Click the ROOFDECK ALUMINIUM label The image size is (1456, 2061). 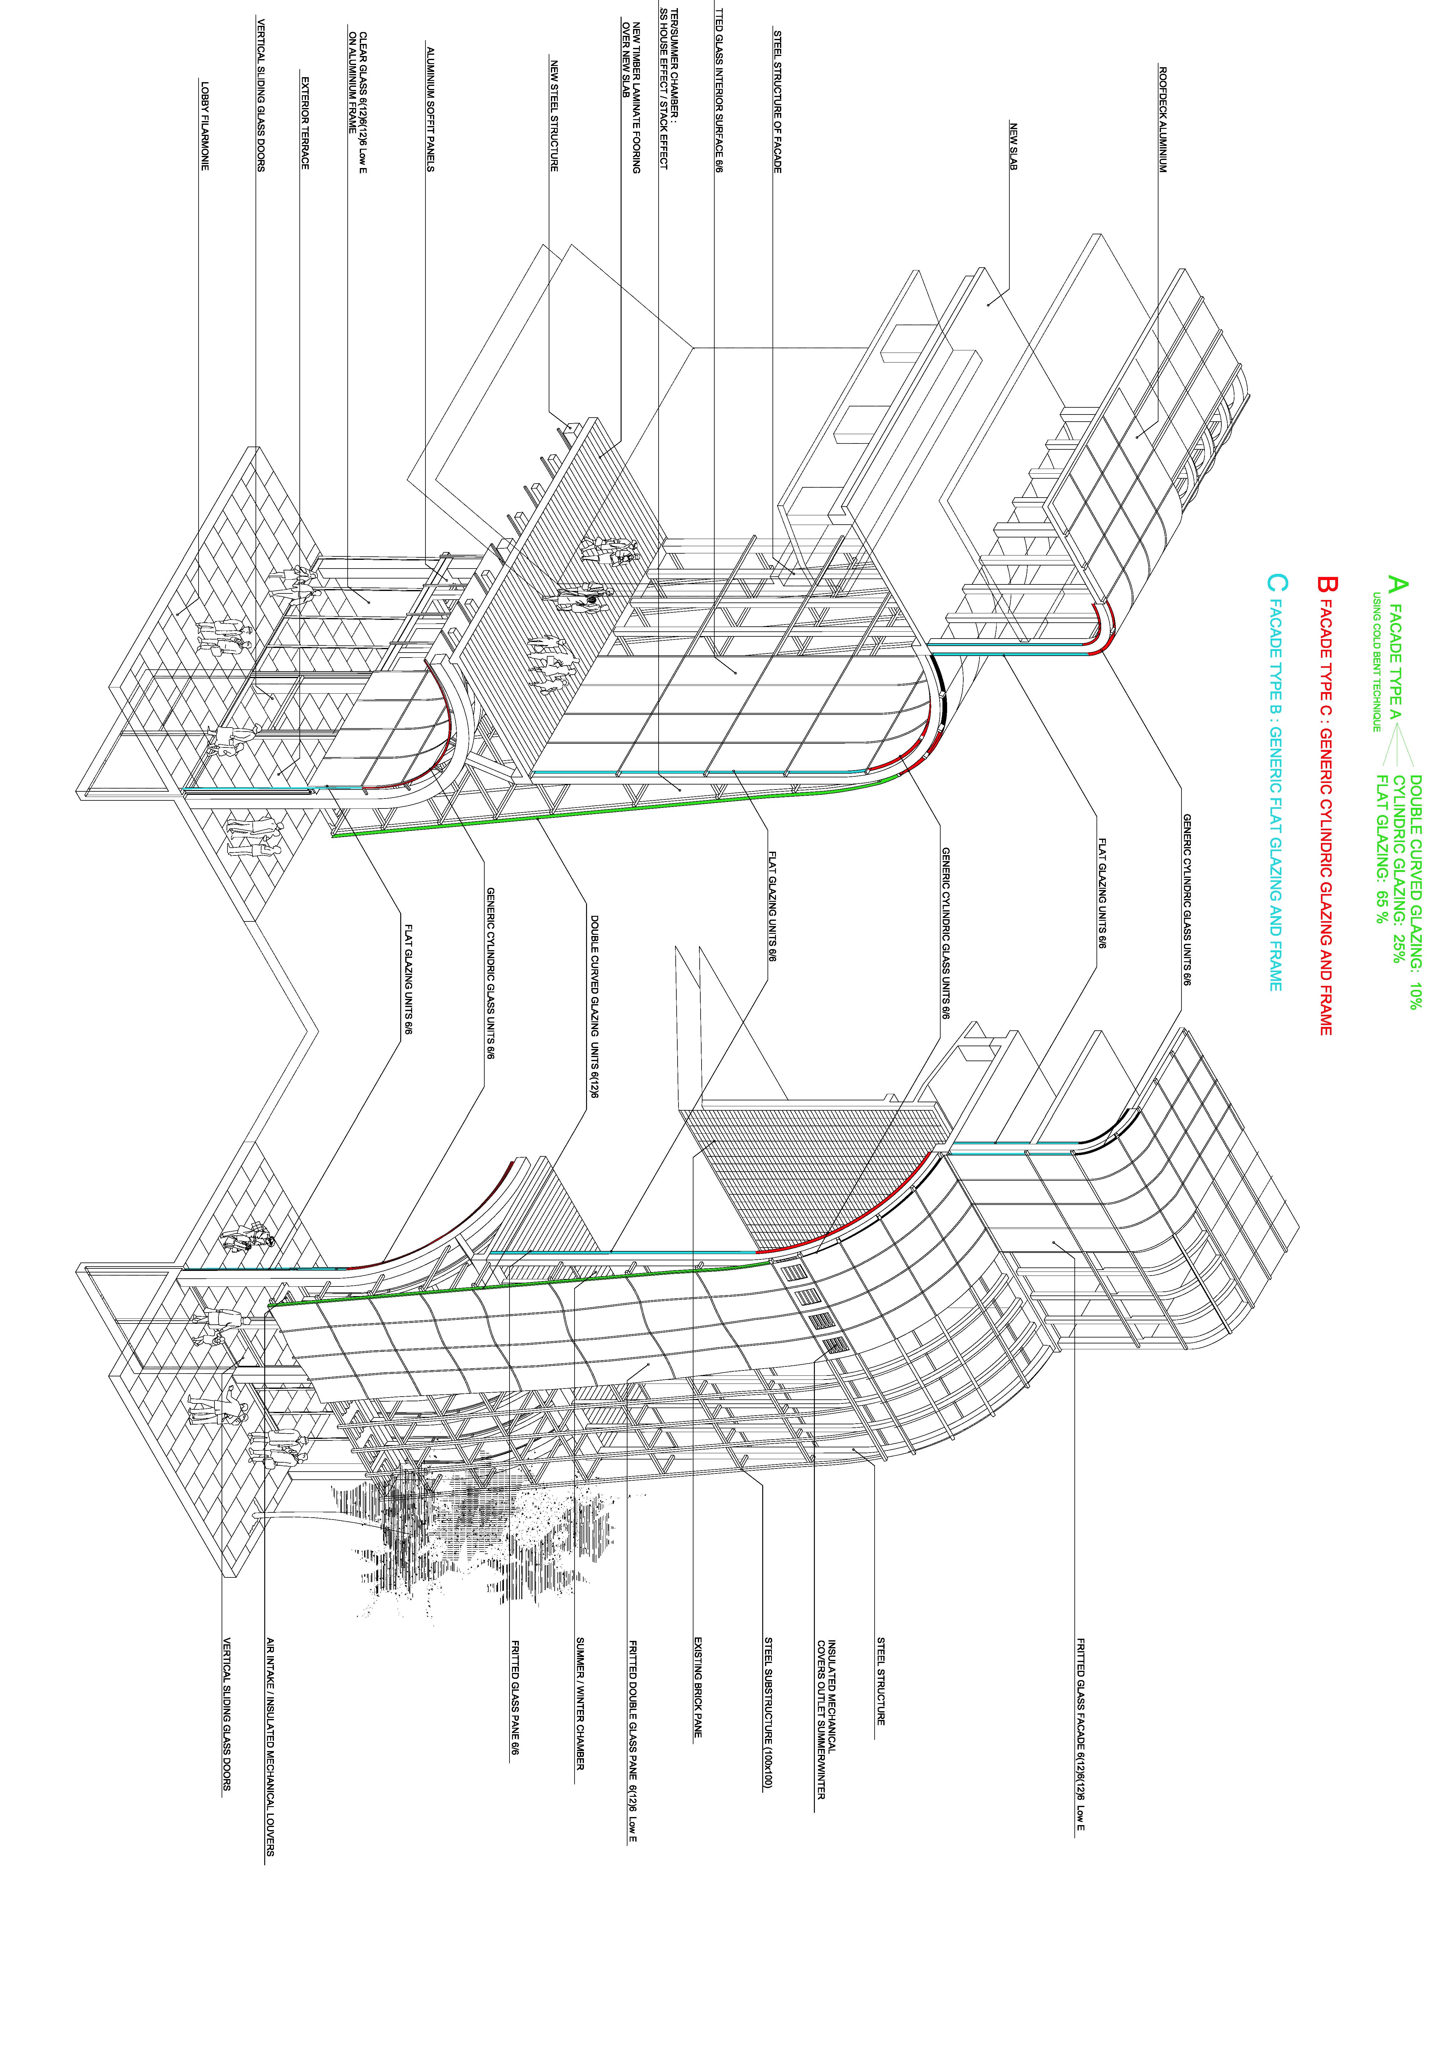pos(1162,119)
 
